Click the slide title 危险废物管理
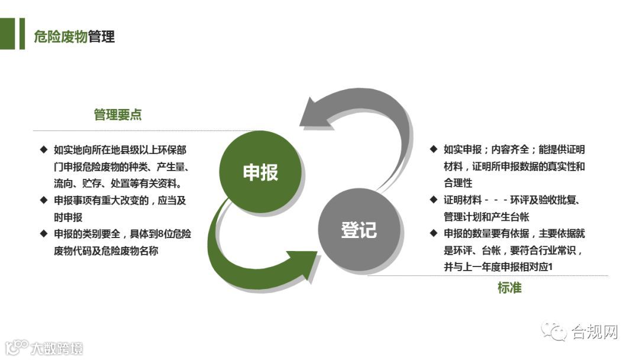pyautogui.click(x=75, y=37)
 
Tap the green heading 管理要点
pyautogui.click(x=118, y=115)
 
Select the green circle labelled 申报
pyautogui.click(x=260, y=172)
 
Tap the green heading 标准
pyautogui.click(x=509, y=288)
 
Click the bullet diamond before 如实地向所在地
pyautogui.click(x=44, y=150)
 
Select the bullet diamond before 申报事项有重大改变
pyautogui.click(x=44, y=200)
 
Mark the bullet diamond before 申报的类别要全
pyautogui.click(x=44, y=233)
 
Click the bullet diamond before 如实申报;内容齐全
pyautogui.click(x=434, y=149)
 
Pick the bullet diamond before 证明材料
pyautogui.click(x=434, y=200)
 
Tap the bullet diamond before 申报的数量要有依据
pyautogui.click(x=434, y=233)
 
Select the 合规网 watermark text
pyautogui.click(x=594, y=333)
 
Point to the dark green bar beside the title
pyautogui.click(x=22, y=34)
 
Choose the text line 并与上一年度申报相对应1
pyautogui.click(x=498, y=267)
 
